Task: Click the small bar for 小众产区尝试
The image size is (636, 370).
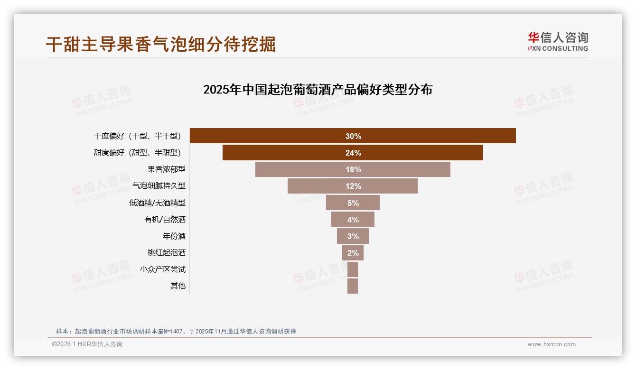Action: coord(353,269)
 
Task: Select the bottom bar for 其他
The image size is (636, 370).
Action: coord(353,286)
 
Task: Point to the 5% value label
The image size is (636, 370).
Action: coord(353,203)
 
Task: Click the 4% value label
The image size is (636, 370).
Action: coord(353,220)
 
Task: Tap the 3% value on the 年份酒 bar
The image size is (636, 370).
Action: coord(353,236)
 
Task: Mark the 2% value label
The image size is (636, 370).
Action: coord(353,253)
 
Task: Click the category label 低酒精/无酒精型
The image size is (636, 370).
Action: coord(157,203)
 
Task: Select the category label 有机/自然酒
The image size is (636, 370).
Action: coord(165,219)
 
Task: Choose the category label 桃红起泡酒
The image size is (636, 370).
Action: coord(166,252)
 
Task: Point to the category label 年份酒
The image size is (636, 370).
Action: coord(174,236)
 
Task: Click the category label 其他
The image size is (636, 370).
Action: coord(178,286)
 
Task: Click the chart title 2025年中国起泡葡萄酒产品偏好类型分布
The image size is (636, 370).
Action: coord(318,90)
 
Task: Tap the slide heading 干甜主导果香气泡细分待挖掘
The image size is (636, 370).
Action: coord(160,44)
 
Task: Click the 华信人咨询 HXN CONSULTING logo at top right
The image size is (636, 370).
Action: coord(558,41)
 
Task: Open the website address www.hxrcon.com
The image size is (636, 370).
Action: coord(552,344)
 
